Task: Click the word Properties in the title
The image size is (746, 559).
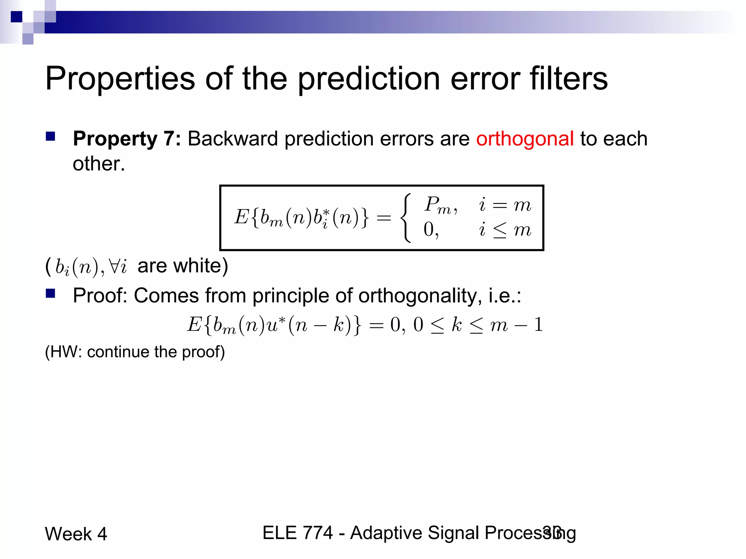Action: pyautogui.click(x=120, y=79)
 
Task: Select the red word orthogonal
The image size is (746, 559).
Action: pyautogui.click(x=525, y=139)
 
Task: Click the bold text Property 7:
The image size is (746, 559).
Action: pyautogui.click(x=127, y=139)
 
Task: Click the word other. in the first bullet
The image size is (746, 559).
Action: pyautogui.click(x=99, y=164)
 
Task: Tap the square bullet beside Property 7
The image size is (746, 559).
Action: pyautogui.click(x=50, y=136)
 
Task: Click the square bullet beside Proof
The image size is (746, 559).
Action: pyautogui.click(x=50, y=293)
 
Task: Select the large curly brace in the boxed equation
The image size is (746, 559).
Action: pyautogui.click(x=406, y=218)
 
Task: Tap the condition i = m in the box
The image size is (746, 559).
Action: pyautogui.click(x=505, y=205)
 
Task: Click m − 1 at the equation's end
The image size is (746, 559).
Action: pyautogui.click(x=517, y=325)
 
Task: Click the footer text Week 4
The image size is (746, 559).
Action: pyautogui.click(x=76, y=534)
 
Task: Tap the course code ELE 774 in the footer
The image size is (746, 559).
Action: pyautogui.click(x=298, y=533)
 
